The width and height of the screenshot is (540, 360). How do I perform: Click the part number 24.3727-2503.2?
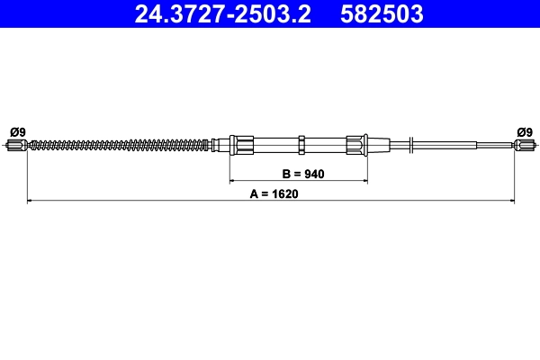tap(222, 14)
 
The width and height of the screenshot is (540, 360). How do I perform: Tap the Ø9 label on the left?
tap(16, 131)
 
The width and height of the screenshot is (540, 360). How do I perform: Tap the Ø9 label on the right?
tap(525, 131)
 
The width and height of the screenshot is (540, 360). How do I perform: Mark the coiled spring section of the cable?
tap(117, 144)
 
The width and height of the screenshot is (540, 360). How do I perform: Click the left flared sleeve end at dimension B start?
tap(240, 144)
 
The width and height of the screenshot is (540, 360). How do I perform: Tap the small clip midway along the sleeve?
tap(303, 144)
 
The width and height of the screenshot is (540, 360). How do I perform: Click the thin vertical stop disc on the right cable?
tap(410, 144)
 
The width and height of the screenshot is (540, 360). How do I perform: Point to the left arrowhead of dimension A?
tap(31, 201)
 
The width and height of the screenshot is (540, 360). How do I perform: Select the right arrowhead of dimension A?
tap(511, 201)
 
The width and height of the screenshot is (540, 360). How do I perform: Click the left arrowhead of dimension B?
tap(232, 182)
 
